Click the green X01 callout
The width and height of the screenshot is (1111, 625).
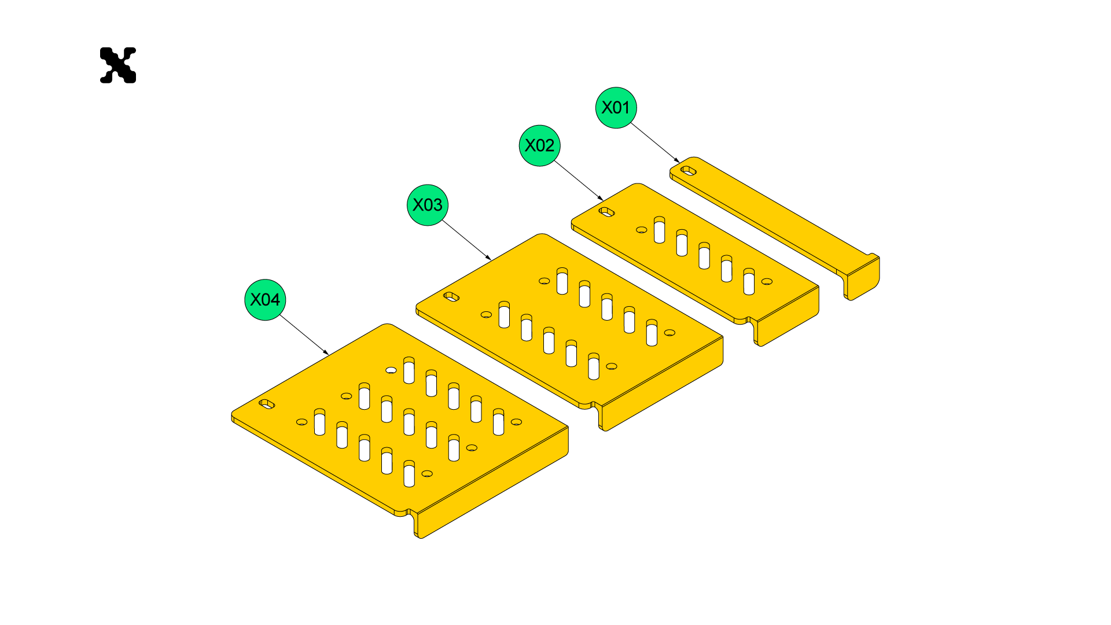(x=616, y=108)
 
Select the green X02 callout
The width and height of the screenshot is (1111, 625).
(x=539, y=145)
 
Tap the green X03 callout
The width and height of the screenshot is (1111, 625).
(x=427, y=205)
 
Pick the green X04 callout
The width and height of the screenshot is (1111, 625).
(x=265, y=300)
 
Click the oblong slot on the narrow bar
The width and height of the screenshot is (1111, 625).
(x=688, y=170)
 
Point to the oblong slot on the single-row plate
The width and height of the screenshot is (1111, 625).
(x=606, y=212)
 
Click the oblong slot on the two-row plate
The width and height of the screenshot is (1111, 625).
(x=451, y=297)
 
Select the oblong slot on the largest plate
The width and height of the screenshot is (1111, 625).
(x=267, y=404)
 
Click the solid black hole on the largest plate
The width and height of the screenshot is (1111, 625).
(x=391, y=370)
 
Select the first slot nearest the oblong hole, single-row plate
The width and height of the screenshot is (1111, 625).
(x=659, y=230)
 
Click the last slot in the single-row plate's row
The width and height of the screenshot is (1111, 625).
(x=749, y=282)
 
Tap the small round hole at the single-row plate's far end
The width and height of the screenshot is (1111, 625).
(x=767, y=281)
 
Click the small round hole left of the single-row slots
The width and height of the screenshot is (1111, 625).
(x=641, y=230)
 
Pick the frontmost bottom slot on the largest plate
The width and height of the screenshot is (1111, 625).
(x=409, y=474)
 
